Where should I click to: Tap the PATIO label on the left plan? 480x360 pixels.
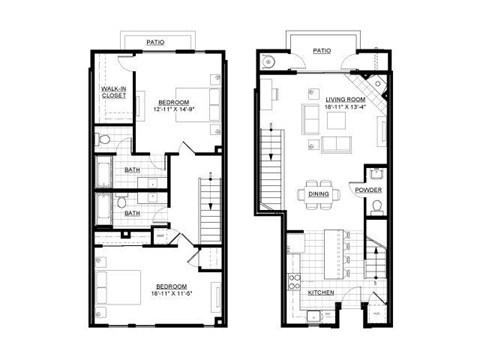(155, 42)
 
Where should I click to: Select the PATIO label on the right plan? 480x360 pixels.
(321, 49)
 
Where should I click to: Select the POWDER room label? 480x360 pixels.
(368, 190)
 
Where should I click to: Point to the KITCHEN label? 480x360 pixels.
(321, 292)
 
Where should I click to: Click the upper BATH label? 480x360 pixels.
(132, 170)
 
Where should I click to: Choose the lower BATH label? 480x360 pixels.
(132, 212)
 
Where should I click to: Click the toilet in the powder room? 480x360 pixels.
(374, 208)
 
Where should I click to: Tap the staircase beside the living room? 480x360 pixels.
(268, 165)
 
